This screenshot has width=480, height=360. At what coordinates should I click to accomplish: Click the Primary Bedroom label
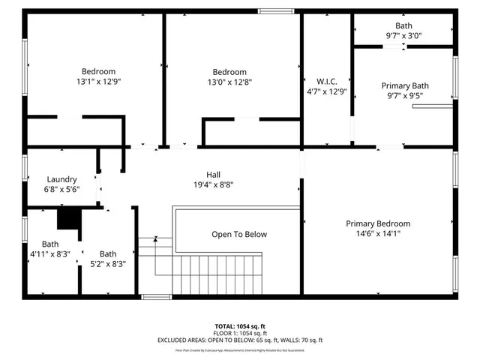click(378, 223)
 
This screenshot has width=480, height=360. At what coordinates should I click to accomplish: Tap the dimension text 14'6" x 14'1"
click(378, 233)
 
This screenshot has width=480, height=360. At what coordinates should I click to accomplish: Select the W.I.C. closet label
click(328, 82)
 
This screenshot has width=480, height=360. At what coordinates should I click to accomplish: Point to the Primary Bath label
click(404, 86)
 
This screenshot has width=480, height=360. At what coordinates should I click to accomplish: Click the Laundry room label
click(61, 179)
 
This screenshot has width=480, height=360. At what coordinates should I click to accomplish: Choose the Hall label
click(214, 174)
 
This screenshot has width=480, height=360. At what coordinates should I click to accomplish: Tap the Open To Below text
click(239, 234)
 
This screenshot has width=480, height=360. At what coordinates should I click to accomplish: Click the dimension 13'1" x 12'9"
click(98, 81)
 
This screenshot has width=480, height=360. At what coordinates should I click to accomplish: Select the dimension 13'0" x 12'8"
click(229, 82)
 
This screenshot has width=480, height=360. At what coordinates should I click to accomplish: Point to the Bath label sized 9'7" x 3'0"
click(403, 25)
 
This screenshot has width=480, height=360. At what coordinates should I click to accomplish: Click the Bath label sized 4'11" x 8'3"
click(50, 244)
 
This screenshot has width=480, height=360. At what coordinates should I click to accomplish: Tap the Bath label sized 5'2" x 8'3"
click(108, 253)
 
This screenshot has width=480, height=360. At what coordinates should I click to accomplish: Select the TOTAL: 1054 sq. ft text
click(240, 326)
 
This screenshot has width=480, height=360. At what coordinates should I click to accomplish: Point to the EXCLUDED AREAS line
click(240, 340)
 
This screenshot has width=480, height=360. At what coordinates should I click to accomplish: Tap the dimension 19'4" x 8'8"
click(214, 184)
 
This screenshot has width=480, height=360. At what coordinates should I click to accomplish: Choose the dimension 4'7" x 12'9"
click(328, 91)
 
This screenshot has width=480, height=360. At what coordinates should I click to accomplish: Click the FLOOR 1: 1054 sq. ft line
click(240, 333)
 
